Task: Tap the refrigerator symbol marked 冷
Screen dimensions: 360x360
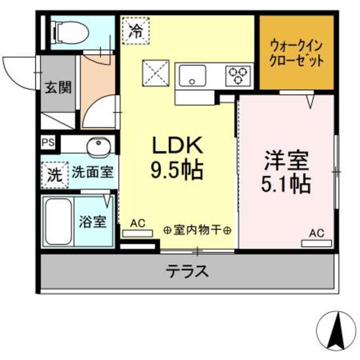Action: pyautogui.click(x=135, y=29)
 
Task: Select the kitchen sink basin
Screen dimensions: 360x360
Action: pyautogui.click(x=193, y=75)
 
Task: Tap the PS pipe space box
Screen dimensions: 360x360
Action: pyautogui.click(x=48, y=143)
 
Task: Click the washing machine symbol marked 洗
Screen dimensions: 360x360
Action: pyautogui.click(x=53, y=174)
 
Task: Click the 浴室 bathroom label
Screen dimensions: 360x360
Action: pyautogui.click(x=92, y=222)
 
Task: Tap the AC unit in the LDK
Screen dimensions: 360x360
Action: pyautogui.click(x=138, y=232)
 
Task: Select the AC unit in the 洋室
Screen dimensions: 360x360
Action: pyautogui.click(x=317, y=243)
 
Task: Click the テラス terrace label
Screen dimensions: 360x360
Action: pyautogui.click(x=188, y=272)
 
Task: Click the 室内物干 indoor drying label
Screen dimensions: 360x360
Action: pyautogui.click(x=197, y=230)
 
